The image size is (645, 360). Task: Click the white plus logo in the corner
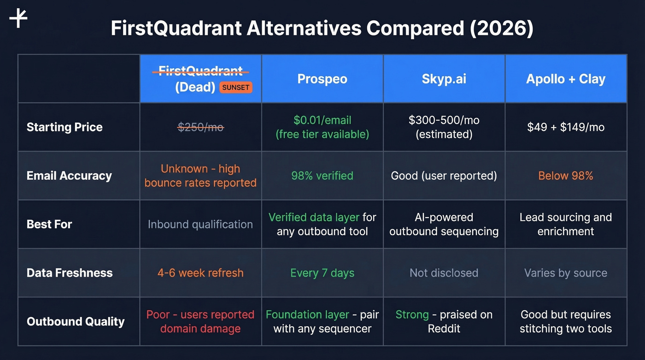18,18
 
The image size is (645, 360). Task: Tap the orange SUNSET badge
235,88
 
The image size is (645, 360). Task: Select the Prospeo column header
322,79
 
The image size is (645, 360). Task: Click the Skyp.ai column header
444,79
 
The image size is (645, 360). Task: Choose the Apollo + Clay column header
566,79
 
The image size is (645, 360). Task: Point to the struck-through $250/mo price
200,127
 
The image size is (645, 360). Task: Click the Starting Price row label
64,127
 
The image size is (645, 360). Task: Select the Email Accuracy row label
69,176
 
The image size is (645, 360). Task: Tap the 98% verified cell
322,176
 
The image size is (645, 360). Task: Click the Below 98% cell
566,176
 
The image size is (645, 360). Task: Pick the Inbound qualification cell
200,224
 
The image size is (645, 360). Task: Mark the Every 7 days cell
322,273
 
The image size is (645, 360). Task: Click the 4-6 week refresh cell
200,273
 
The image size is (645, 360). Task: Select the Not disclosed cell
444,273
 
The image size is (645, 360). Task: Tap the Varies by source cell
566,273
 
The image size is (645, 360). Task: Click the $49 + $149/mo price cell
566,127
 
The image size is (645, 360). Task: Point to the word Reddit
444,329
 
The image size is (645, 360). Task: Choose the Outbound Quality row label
76,321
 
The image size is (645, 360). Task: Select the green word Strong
412,315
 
